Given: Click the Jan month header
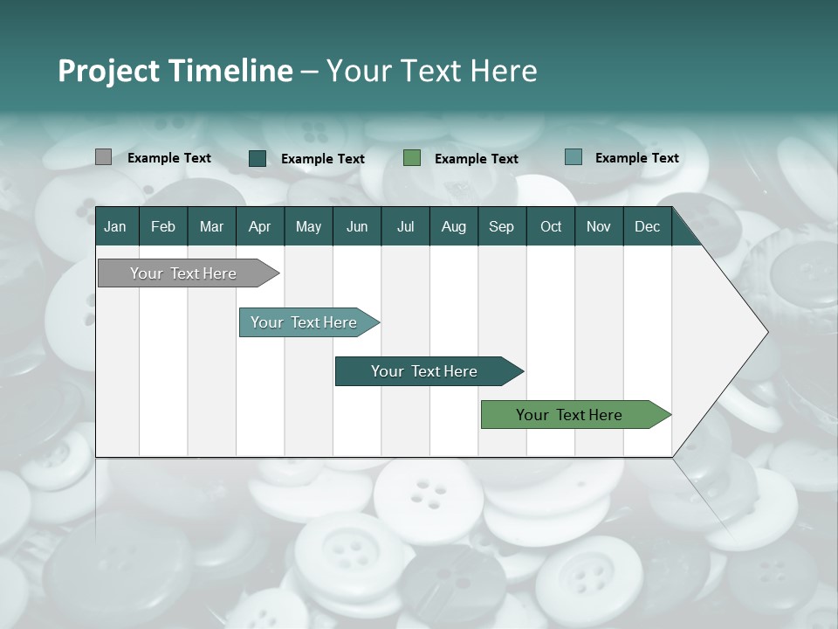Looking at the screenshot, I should [115, 226].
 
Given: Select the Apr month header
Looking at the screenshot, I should [259, 226].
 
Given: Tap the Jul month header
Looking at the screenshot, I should [405, 226].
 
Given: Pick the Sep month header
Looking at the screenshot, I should [501, 226].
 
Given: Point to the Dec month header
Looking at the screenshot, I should [647, 226].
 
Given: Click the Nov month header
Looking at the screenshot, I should [598, 226].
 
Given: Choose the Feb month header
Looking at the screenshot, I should [163, 226].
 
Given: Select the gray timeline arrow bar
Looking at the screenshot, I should [183, 273].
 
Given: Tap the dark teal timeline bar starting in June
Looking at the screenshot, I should [425, 371].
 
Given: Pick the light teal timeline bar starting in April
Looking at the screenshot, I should [305, 322].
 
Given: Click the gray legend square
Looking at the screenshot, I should [103, 157].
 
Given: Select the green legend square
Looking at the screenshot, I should [412, 157].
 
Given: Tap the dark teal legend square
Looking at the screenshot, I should [258, 158].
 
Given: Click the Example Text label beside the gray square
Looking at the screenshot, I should [169, 158].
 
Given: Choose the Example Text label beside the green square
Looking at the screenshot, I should [477, 159].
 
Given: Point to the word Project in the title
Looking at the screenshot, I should [106, 71].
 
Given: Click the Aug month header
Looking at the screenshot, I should [453, 226].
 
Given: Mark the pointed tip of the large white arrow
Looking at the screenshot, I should [766, 332].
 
